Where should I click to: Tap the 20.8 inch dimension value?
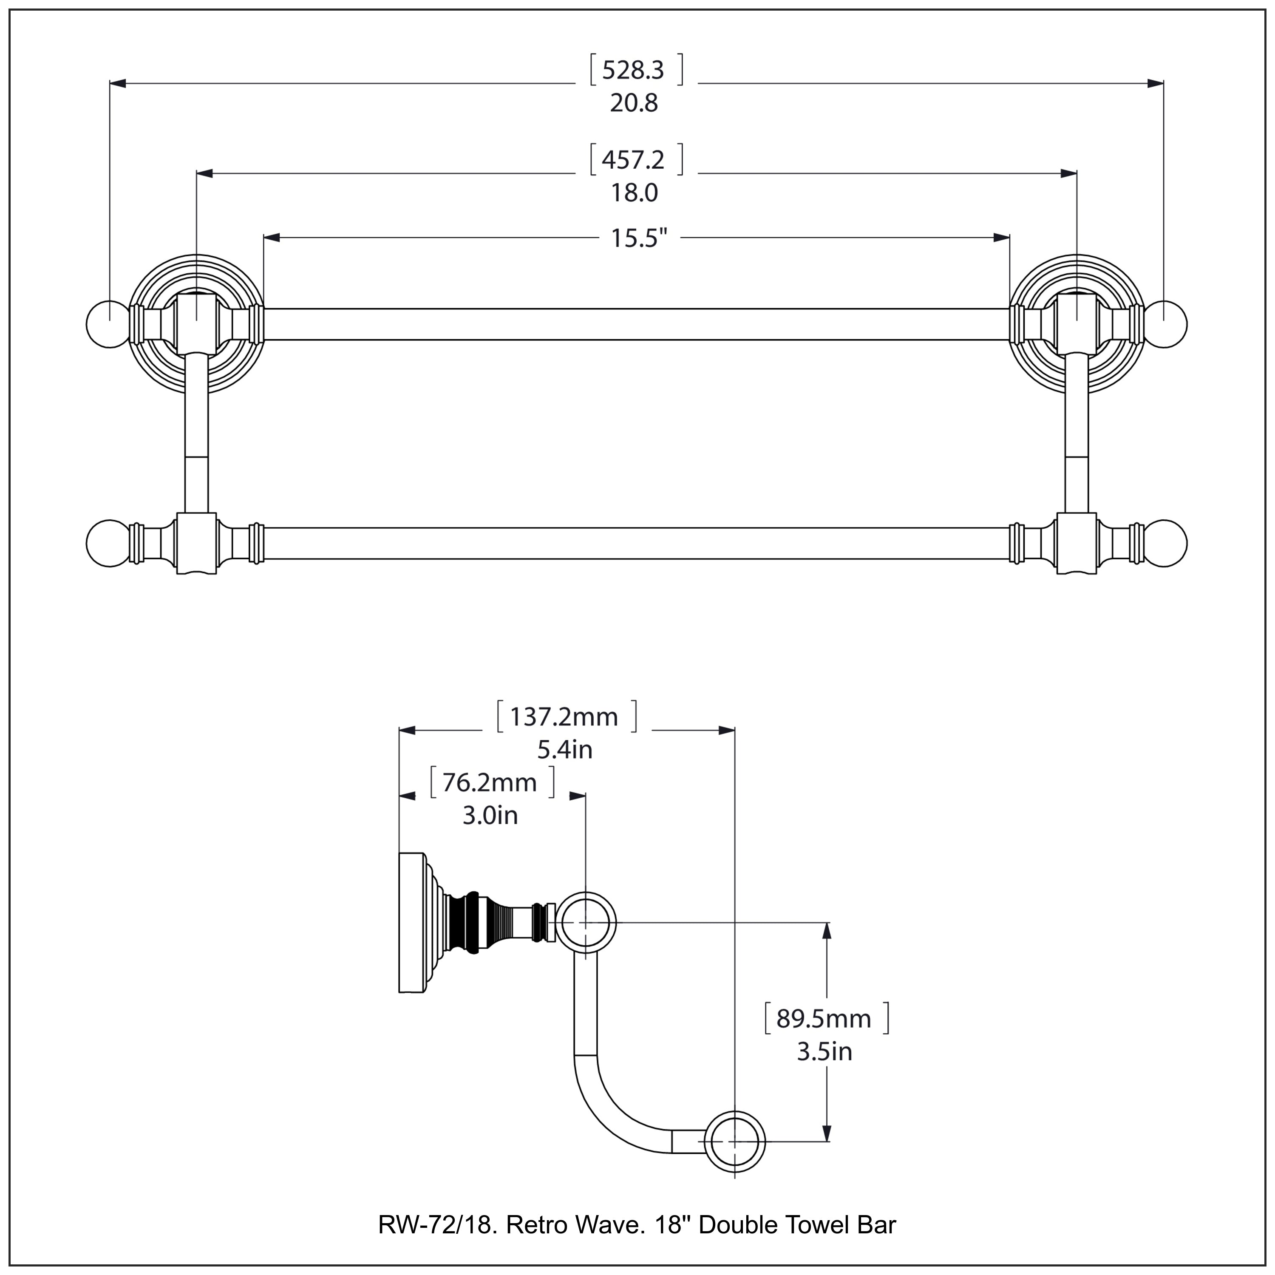pos(634,104)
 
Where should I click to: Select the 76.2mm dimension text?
pos(489,783)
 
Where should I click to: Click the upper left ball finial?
pos(108,324)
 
